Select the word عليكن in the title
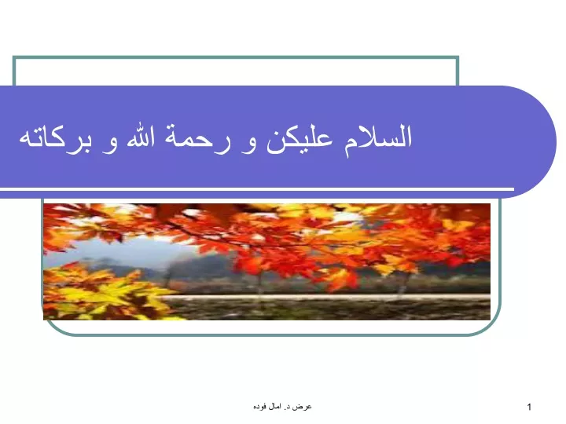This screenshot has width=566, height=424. point(300,140)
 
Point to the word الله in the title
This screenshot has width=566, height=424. point(141,137)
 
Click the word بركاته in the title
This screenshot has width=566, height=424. point(55,138)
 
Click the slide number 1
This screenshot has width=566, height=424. point(529,407)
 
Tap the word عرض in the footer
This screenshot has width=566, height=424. point(305,407)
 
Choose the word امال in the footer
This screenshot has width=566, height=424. point(274,407)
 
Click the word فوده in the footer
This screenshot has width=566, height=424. point(260,407)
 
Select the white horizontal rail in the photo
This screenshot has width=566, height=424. point(325,297)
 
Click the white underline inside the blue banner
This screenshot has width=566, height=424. point(257,189)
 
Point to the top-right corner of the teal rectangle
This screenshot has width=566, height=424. point(458,57)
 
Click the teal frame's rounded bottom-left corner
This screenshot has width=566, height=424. point(50,327)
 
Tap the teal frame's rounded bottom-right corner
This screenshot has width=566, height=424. point(492,327)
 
